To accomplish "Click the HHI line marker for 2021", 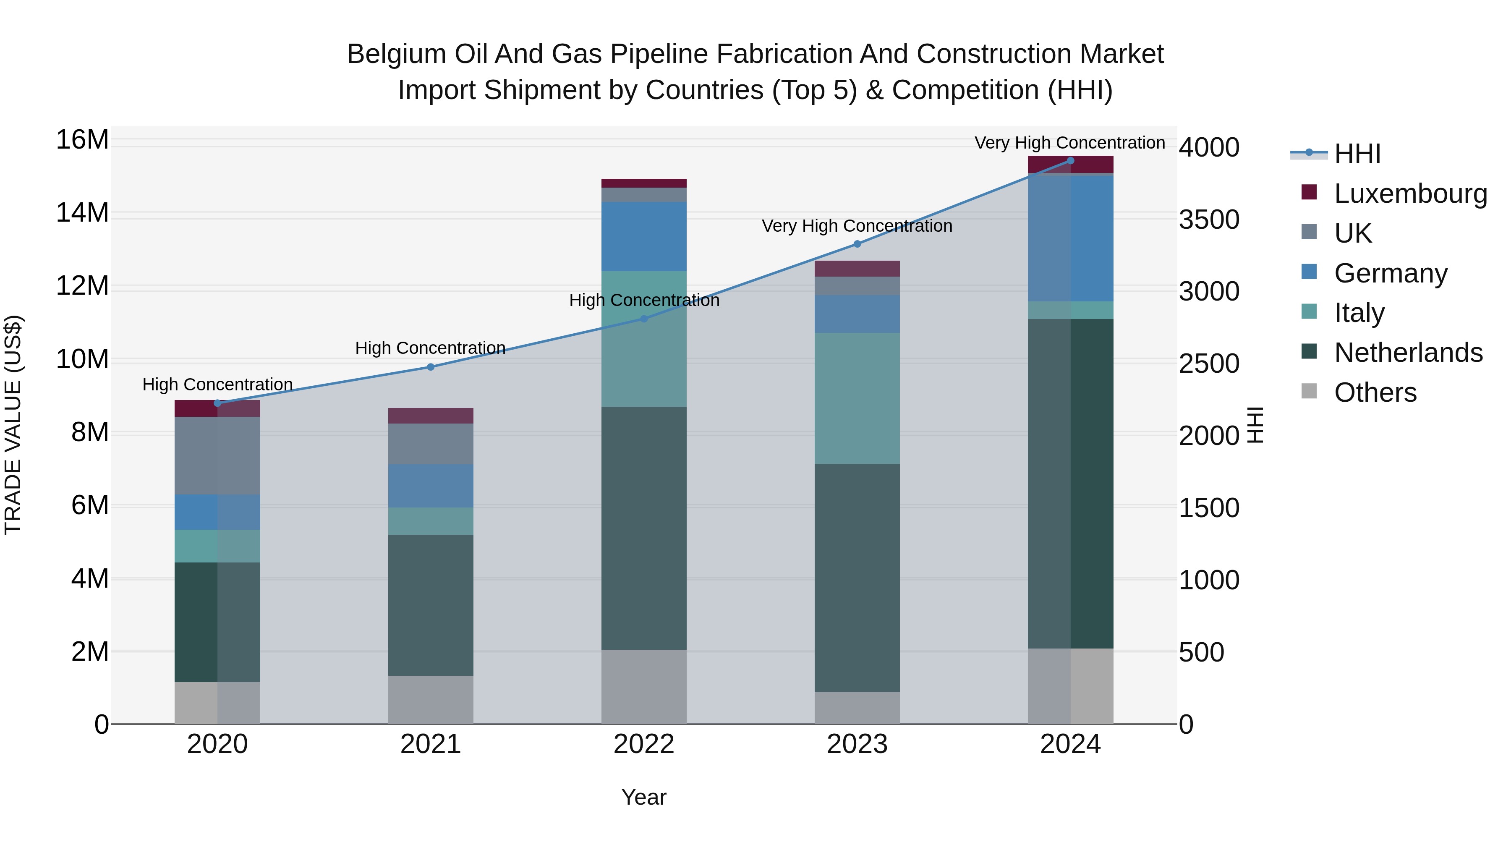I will point(431,367).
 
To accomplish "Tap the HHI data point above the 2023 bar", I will point(857,244).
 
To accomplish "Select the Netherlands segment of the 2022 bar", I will point(643,528).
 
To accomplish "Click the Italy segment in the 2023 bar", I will point(857,398).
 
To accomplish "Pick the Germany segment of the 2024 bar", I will point(1070,238).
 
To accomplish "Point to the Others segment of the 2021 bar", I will point(431,700).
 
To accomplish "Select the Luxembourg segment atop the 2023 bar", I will point(857,269).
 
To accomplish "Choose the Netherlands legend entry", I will point(1408,353).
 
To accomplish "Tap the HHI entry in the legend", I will point(1357,154).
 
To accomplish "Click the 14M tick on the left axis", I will point(82,213).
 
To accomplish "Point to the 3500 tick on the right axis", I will point(1209,220).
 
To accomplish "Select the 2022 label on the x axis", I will point(643,744).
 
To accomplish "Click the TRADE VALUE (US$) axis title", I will point(13,425).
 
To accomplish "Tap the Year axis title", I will point(643,797).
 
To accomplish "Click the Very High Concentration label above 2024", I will point(1069,143).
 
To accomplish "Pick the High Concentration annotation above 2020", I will point(217,385).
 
